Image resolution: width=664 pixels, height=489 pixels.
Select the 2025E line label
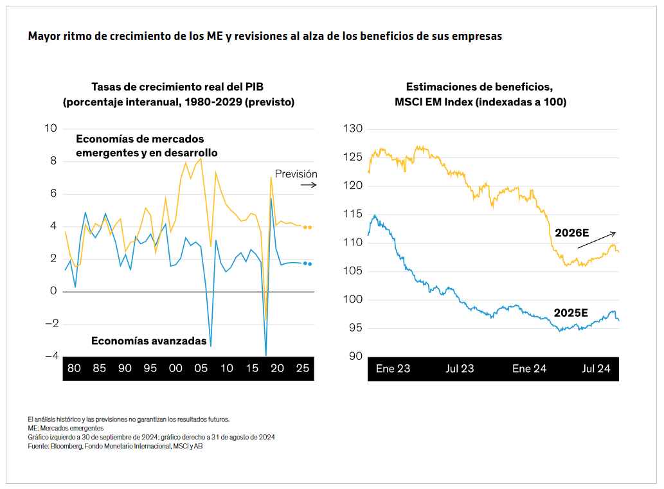click(x=571, y=313)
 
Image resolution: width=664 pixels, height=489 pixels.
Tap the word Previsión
click(x=296, y=173)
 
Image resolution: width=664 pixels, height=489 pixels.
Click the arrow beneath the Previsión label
click(x=309, y=185)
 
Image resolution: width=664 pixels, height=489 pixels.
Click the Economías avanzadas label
click(x=149, y=341)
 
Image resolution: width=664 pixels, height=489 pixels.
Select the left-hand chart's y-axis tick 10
click(x=50, y=129)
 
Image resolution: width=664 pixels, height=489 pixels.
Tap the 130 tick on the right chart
click(x=354, y=129)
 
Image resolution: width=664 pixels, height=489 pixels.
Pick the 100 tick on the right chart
click(x=354, y=299)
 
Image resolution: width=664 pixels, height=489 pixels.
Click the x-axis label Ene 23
click(x=393, y=369)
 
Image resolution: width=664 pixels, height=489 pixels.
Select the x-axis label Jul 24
click(x=596, y=369)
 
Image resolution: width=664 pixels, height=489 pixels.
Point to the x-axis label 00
click(x=175, y=369)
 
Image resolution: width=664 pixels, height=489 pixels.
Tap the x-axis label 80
click(x=74, y=369)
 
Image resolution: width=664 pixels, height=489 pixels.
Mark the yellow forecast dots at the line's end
click(x=308, y=227)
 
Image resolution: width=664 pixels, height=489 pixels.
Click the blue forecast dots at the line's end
click(x=308, y=263)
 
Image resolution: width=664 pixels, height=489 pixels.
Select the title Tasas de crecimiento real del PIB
click(x=178, y=87)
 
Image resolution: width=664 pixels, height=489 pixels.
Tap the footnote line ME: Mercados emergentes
click(x=66, y=428)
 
